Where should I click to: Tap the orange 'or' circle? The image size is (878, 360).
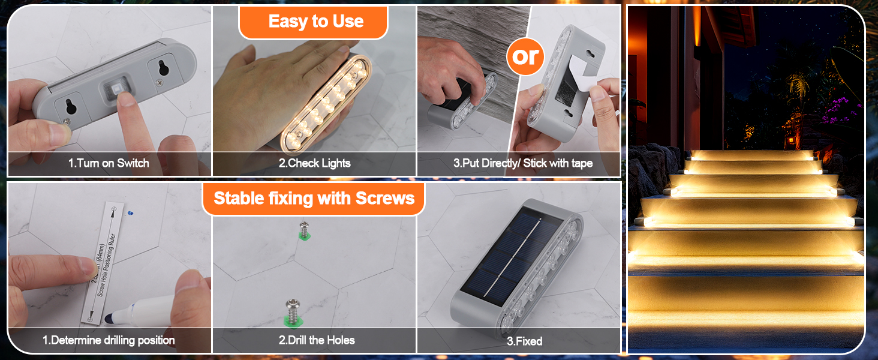tap(526, 56)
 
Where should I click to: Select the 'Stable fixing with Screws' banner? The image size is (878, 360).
tap(314, 199)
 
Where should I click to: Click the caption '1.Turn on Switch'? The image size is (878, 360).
tap(109, 163)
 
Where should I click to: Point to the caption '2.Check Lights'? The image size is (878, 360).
tap(314, 163)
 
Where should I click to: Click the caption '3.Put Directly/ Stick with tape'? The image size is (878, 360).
tap(523, 163)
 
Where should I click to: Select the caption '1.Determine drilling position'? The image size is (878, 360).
tap(109, 340)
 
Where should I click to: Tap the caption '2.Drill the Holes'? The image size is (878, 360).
tap(316, 340)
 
